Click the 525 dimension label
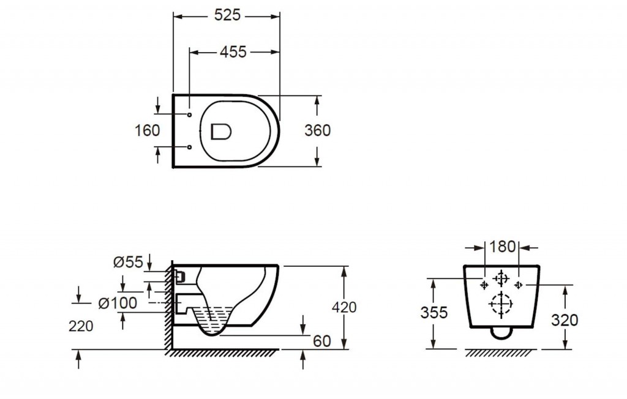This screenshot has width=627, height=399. pyautogui.click(x=227, y=15)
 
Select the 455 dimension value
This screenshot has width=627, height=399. pyautogui.click(x=233, y=52)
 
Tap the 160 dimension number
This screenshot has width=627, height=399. pyautogui.click(x=147, y=130)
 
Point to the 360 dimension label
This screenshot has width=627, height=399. pyautogui.click(x=318, y=130)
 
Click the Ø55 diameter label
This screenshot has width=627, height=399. pyautogui.click(x=128, y=263)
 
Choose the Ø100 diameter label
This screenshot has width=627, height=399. pyautogui.click(x=118, y=304)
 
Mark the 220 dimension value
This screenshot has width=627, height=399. pyautogui.click(x=81, y=326)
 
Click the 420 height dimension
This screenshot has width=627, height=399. pyautogui.click(x=344, y=307)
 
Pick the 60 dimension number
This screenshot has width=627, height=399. pyautogui.click(x=322, y=341)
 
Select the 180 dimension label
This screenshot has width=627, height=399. pyautogui.click(x=502, y=247)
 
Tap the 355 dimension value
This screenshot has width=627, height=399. pyautogui.click(x=434, y=312)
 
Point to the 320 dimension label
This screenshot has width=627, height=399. pyautogui.click(x=564, y=320)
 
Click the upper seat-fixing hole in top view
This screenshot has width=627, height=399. pyautogui.click(x=190, y=114)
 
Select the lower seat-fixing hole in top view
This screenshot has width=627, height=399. pyautogui.click(x=190, y=147)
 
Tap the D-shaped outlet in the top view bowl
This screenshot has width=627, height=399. pyautogui.click(x=221, y=131)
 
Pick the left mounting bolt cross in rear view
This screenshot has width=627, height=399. pyautogui.click(x=484, y=285)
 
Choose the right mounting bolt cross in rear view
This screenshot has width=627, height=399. pyautogui.click(x=518, y=285)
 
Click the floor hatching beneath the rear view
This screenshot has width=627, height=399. pyautogui.click(x=501, y=352)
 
